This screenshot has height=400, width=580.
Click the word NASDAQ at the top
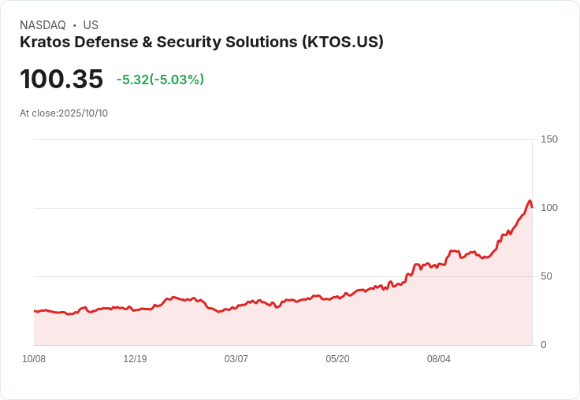pyautogui.click(x=43, y=25)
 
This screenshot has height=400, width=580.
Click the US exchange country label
pyautogui.click(x=91, y=25)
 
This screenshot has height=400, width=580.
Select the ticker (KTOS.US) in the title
pyautogui.click(x=343, y=43)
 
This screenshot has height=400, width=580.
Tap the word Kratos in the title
pyautogui.click(x=43, y=43)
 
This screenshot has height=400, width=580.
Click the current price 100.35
pyautogui.click(x=61, y=80)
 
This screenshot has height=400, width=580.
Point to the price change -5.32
pyautogui.click(x=133, y=80)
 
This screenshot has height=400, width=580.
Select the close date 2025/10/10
pyautogui.click(x=83, y=113)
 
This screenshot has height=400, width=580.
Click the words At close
pyautogui.click(x=37, y=113)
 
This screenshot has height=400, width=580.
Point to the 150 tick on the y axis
pyautogui.click(x=548, y=139)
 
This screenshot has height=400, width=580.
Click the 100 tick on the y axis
pyautogui.click(x=548, y=208)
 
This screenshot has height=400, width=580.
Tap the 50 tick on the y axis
pyautogui.click(x=545, y=276)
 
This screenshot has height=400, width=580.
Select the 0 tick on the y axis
pyautogui.click(x=543, y=345)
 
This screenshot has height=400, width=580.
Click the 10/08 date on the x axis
pyautogui.click(x=34, y=359)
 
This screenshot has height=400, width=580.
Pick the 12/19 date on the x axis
pyautogui.click(x=135, y=359)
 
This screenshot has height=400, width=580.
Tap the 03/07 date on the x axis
pyautogui.click(x=236, y=359)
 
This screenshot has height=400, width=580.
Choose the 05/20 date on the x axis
pyautogui.click(x=337, y=359)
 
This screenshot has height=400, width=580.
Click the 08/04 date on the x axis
pyautogui.click(x=439, y=359)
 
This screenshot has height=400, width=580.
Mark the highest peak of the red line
pyautogui.click(x=530, y=201)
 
